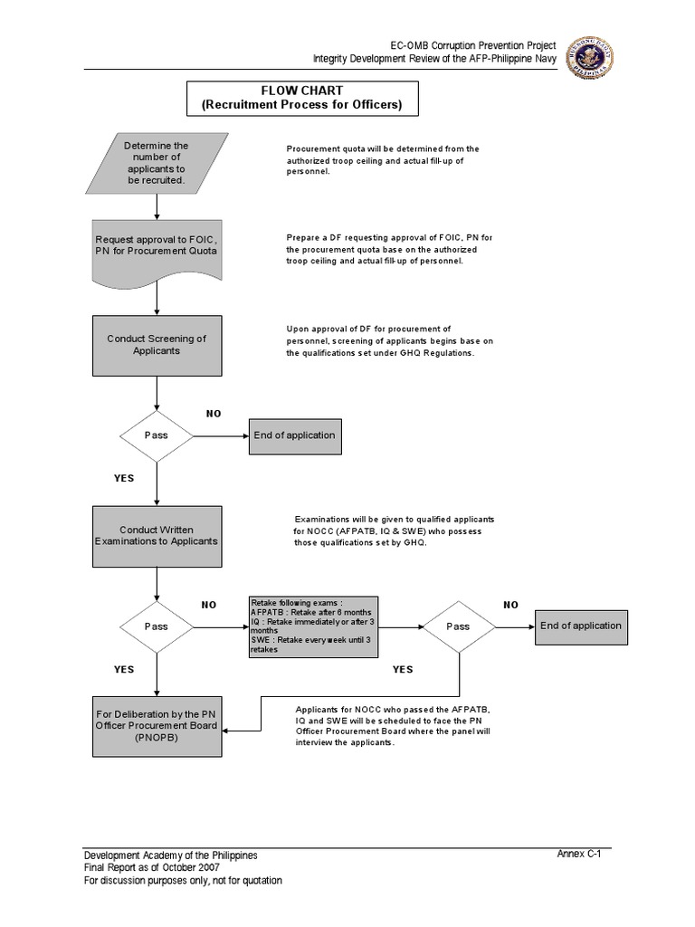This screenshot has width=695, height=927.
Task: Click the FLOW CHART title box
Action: tap(302, 99)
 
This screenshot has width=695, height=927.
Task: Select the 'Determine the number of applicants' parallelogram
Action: tap(157, 163)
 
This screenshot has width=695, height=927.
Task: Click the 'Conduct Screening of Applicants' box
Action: tap(157, 345)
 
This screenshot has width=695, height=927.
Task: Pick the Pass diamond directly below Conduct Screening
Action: tap(157, 435)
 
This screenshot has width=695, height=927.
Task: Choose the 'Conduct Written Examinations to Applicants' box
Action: tap(157, 536)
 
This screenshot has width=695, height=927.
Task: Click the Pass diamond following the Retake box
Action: tap(459, 626)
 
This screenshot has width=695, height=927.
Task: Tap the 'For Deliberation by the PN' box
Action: tap(157, 726)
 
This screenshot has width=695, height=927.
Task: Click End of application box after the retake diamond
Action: tap(580, 626)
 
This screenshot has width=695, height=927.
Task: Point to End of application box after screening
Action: tap(294, 435)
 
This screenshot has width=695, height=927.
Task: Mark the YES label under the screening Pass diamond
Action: tap(124, 479)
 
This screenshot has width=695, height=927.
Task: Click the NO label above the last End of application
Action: tap(511, 605)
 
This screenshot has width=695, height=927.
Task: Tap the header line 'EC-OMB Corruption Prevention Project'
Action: tap(472, 45)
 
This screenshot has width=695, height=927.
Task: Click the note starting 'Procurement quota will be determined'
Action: tap(382, 159)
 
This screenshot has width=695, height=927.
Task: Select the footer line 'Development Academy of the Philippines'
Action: tap(170, 855)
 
